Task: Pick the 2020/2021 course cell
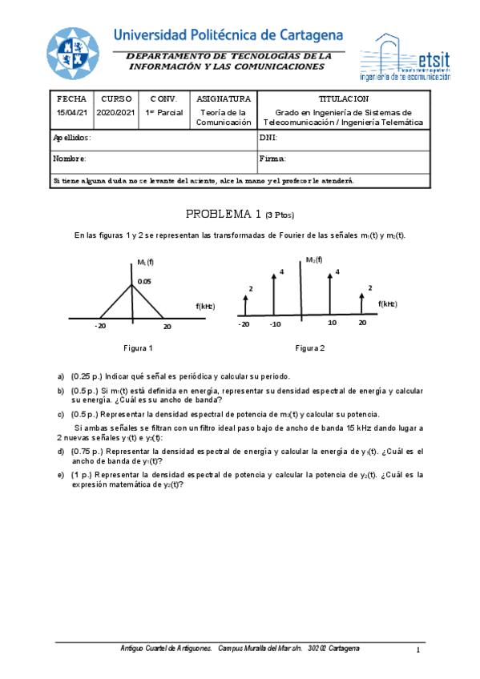(116, 113)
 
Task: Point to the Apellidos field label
(71, 138)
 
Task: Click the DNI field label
(268, 138)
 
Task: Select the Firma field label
(272, 159)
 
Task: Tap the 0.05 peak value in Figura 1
(143, 281)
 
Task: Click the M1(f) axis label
(145, 262)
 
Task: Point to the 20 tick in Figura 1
(167, 327)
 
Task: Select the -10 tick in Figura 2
(275, 324)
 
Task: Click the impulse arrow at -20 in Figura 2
(245, 305)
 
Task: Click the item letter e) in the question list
(61, 474)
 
